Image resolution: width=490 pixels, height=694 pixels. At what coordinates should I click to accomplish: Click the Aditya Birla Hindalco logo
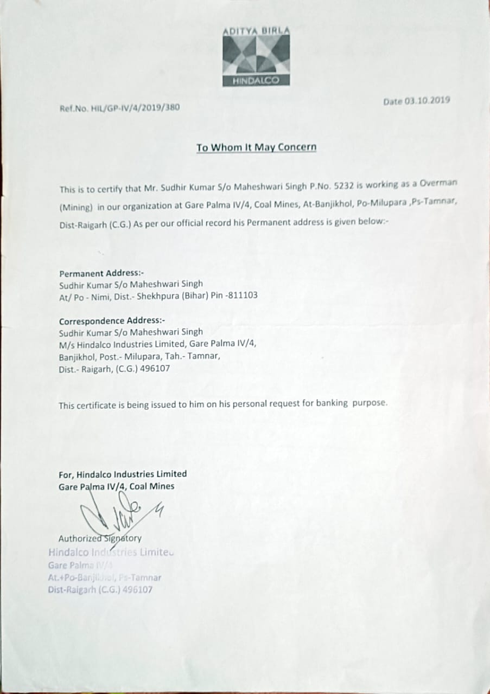[256, 56]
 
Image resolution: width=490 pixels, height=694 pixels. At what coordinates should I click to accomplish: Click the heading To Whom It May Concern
[256, 147]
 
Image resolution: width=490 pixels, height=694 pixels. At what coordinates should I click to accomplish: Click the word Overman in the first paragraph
[437, 184]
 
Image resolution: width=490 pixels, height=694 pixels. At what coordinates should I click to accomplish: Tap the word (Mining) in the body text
[76, 207]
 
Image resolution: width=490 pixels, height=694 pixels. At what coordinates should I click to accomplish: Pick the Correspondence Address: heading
[112, 320]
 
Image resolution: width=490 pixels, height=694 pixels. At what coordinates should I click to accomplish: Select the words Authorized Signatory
[100, 538]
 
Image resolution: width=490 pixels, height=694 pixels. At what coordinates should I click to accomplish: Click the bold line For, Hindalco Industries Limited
[123, 474]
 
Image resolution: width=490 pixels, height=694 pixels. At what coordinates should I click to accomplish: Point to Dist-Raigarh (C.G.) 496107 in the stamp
[100, 589]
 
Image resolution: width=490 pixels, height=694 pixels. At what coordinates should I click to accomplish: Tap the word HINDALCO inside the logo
[256, 81]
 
